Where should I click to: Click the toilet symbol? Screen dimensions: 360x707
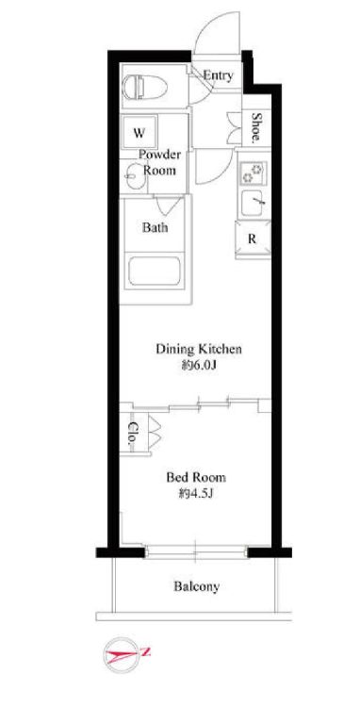pos(145,86)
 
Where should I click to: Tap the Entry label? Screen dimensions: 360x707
pos(218,75)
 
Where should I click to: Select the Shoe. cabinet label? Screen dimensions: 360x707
pos(255,127)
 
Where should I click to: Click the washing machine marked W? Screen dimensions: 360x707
pos(139,133)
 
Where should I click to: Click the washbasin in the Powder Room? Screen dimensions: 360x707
pos(134,177)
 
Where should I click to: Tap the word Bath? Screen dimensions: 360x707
pos(155,227)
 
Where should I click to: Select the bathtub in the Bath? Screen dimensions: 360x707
pos(155,271)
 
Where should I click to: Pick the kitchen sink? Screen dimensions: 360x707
pos(253,204)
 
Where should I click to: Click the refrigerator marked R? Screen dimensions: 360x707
pos(253,239)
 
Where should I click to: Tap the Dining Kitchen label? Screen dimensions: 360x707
pos(199,349)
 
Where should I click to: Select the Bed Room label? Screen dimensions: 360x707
pos(196,477)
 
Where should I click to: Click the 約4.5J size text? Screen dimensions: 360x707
pos(195,494)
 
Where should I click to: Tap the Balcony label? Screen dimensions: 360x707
pos(197,586)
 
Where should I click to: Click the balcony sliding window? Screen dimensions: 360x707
pos(196,552)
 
